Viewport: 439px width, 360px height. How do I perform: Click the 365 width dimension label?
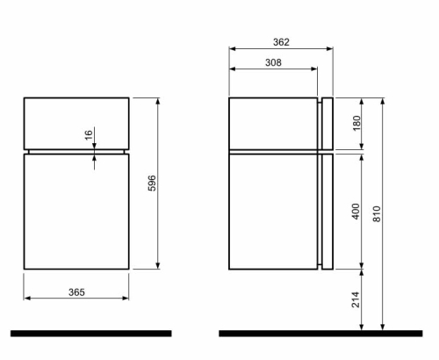[76, 292]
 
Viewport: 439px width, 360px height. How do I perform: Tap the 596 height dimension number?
[152, 184]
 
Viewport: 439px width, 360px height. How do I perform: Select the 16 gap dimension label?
[89, 135]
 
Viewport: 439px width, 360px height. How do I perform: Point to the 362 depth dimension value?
[281, 42]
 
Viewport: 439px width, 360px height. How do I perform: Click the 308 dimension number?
[273, 62]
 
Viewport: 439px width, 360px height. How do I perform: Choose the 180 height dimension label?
[356, 123]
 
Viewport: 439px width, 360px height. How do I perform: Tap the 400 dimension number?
[356, 212]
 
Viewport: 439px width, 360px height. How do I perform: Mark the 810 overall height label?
[377, 214]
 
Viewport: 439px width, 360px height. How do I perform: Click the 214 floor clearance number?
[356, 299]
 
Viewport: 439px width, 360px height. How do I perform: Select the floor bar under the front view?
[91, 334]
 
